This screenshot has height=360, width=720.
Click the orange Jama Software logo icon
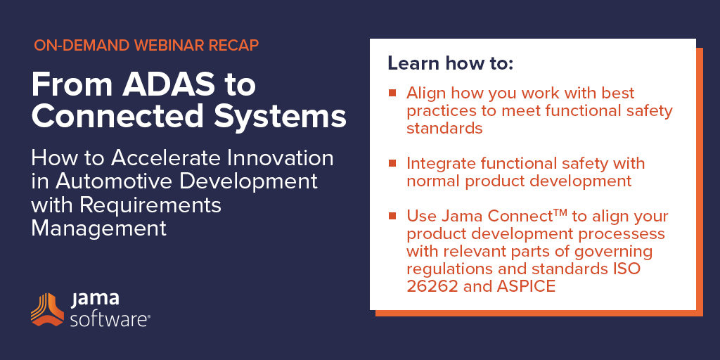[x=47, y=309]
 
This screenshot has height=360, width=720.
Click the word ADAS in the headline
[x=158, y=84]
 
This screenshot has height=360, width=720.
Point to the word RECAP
[x=236, y=45]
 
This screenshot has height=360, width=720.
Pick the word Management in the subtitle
[x=98, y=229]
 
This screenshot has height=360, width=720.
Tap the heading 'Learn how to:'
[x=450, y=63]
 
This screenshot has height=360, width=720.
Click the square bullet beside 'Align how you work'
[x=392, y=93]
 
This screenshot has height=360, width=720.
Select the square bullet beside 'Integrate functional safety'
[x=392, y=163]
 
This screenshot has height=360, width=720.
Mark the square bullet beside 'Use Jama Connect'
[x=392, y=216]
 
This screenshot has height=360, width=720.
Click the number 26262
[x=432, y=286]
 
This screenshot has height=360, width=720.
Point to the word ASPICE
[x=526, y=286]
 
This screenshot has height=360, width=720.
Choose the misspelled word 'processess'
[x=617, y=233]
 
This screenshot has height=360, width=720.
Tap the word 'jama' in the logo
[x=95, y=300]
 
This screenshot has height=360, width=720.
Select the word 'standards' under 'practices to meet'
[x=444, y=128]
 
